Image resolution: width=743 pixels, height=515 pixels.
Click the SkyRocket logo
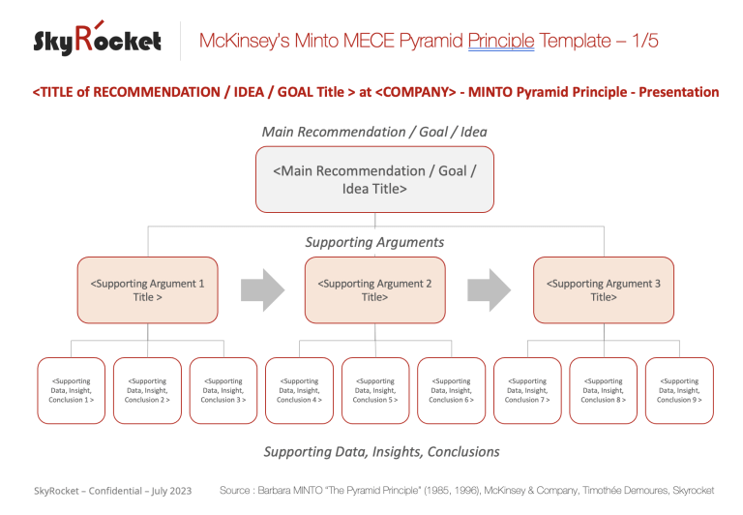tap(97, 41)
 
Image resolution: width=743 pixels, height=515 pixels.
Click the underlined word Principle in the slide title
tap(500, 41)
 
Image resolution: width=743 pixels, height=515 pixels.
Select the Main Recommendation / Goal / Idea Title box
tap(375, 179)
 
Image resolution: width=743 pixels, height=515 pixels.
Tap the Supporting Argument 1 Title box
tap(148, 289)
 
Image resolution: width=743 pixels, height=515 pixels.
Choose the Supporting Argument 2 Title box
tap(375, 289)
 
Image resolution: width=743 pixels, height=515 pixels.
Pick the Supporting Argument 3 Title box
tap(604, 289)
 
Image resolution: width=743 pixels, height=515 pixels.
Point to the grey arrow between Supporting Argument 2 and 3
tap(490, 288)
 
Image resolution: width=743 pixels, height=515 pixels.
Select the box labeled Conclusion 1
tap(72, 390)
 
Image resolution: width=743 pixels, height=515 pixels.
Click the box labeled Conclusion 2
tap(147, 390)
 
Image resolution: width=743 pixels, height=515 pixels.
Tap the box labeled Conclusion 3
tap(223, 390)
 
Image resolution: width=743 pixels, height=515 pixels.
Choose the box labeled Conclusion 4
tap(299, 390)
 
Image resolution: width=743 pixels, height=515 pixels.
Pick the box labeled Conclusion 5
tap(375, 390)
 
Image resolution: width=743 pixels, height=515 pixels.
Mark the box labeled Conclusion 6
tap(451, 390)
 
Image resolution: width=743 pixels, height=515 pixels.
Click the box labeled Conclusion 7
tap(527, 390)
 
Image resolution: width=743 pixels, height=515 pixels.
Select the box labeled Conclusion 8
tap(604, 390)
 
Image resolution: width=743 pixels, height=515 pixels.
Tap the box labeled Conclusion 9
tap(679, 390)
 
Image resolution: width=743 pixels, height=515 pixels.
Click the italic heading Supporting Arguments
tap(374, 242)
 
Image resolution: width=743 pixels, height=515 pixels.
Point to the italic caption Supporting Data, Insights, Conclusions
tap(381, 452)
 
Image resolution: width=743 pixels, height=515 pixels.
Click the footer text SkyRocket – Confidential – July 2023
tap(112, 491)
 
